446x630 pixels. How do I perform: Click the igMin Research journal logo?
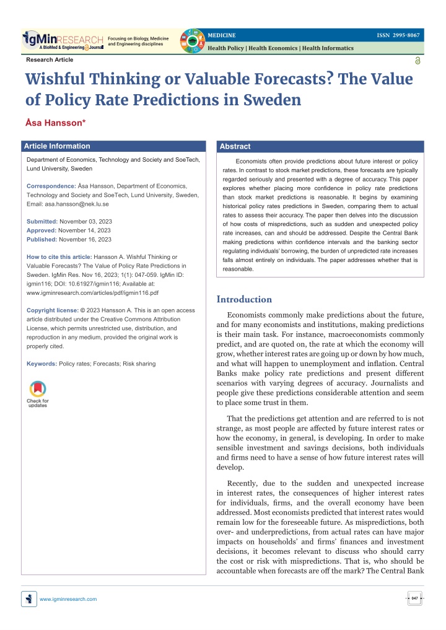tap(63, 41)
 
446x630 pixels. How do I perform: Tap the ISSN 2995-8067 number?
tap(398, 35)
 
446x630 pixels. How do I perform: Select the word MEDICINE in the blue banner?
tap(221, 35)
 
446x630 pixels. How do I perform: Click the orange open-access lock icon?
tap(418, 61)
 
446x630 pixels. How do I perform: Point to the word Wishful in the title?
tap(55, 79)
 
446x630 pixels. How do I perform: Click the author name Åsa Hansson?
tap(56, 123)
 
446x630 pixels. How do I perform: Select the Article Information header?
tap(57, 146)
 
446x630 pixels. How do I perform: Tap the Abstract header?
tap(235, 146)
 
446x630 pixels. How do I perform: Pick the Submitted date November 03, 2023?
tap(85, 221)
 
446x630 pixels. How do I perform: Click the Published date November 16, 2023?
tap(85, 240)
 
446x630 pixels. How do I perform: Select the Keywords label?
tap(42, 364)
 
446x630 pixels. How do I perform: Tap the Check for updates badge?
tap(38, 394)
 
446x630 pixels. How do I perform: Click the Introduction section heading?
tap(244, 299)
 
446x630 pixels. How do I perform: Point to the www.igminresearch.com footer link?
tap(68, 599)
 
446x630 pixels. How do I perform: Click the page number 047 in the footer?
tap(414, 598)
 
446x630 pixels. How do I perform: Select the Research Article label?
tap(50, 59)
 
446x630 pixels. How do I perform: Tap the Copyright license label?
tap(53, 310)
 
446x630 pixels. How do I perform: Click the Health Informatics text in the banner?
tap(328, 48)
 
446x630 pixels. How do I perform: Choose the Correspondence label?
tap(51, 186)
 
